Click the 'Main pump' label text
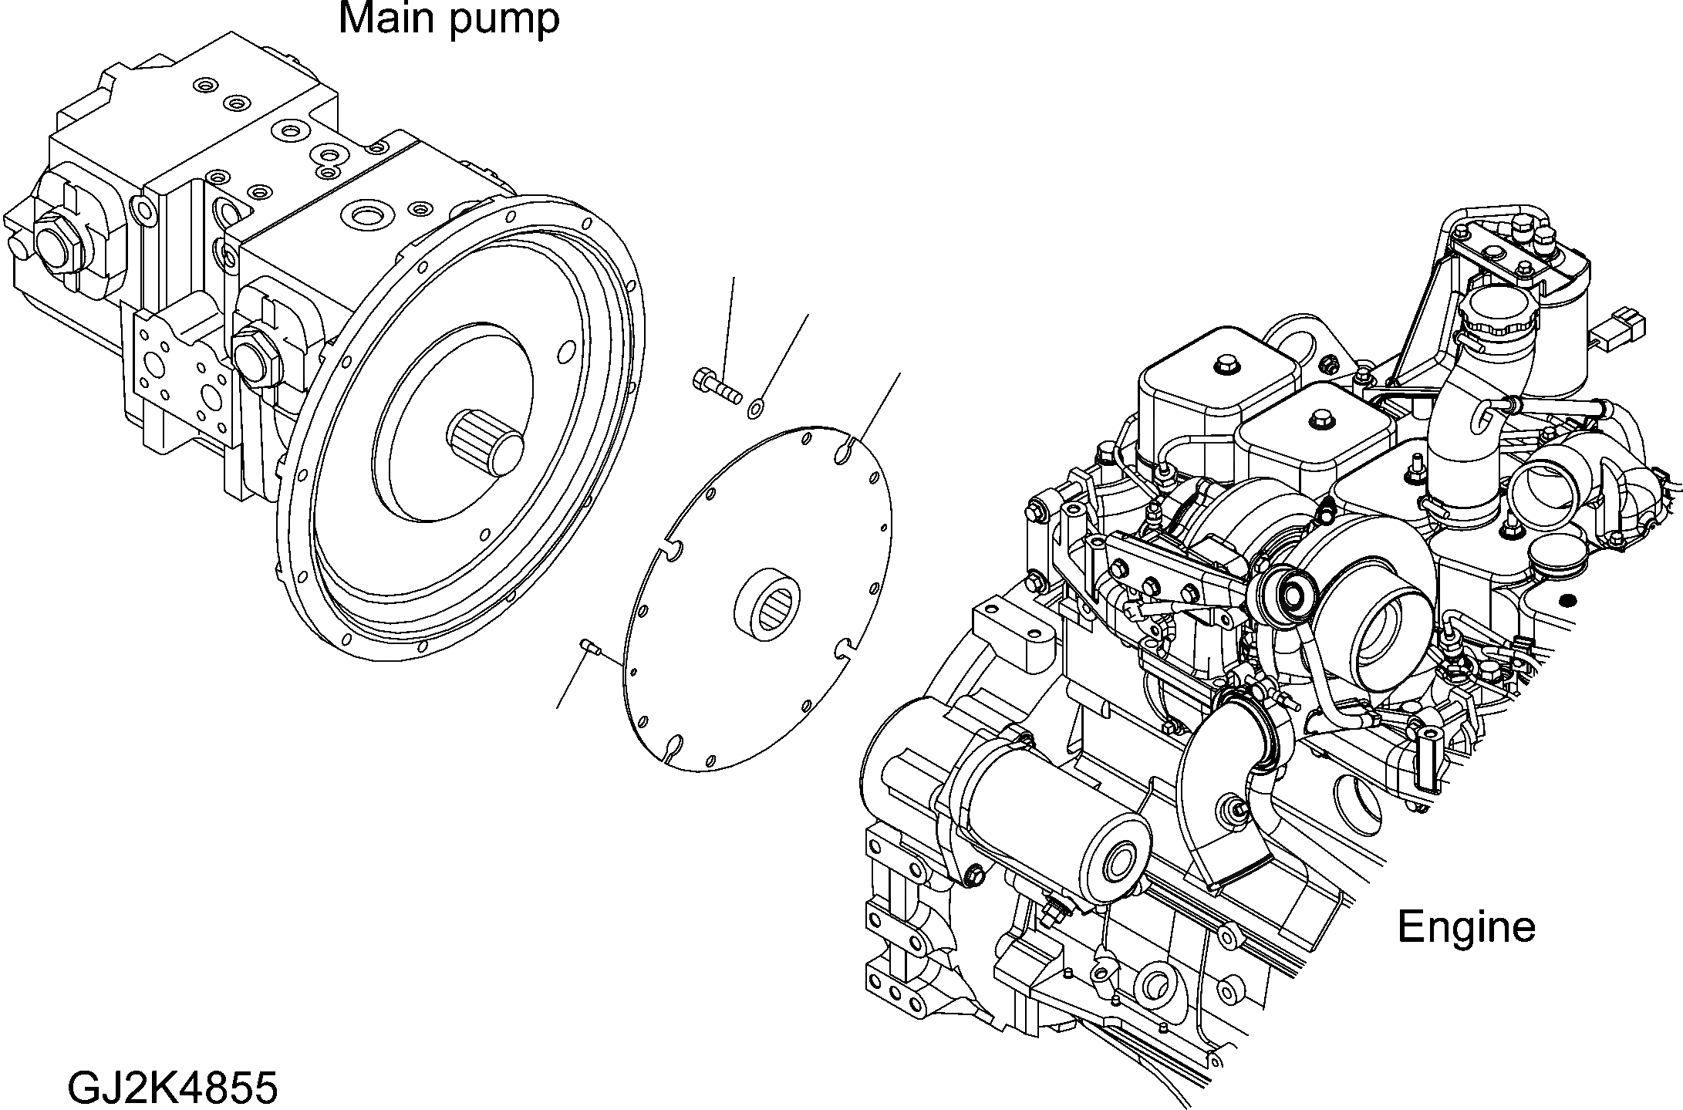point(449,19)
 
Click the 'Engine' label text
point(1465,926)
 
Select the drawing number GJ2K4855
point(172,1088)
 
